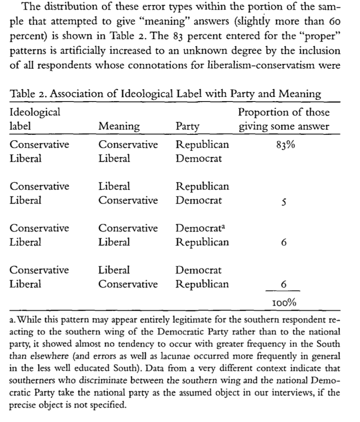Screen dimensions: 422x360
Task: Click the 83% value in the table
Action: (x=285, y=145)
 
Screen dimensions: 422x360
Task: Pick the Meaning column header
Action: (x=119, y=127)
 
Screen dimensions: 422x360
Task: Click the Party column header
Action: (x=187, y=127)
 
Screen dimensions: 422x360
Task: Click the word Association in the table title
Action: (x=77, y=94)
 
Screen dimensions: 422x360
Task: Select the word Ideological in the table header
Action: (x=35, y=112)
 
